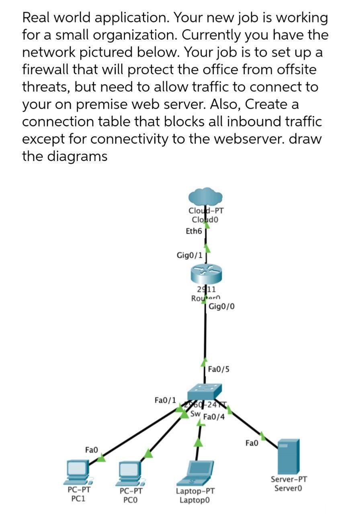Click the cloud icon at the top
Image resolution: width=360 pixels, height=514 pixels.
pyautogui.click(x=206, y=197)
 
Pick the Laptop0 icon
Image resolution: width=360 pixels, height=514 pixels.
pyautogui.click(x=196, y=473)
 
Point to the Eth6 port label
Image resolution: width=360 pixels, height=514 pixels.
pyautogui.click(x=193, y=231)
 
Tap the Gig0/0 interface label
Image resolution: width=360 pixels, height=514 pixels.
pyautogui.click(x=222, y=307)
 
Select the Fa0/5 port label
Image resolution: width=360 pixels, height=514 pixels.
pyautogui.click(x=219, y=369)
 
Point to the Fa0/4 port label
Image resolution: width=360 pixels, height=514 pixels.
pyautogui.click(x=214, y=417)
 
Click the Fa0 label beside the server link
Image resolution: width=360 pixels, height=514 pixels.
pyautogui.click(x=252, y=443)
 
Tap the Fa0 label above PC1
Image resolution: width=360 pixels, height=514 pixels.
pyautogui.click(x=92, y=450)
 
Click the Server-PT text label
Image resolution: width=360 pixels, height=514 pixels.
pyautogui.click(x=289, y=479)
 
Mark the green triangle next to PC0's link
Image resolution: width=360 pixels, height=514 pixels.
pyautogui.click(x=148, y=454)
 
